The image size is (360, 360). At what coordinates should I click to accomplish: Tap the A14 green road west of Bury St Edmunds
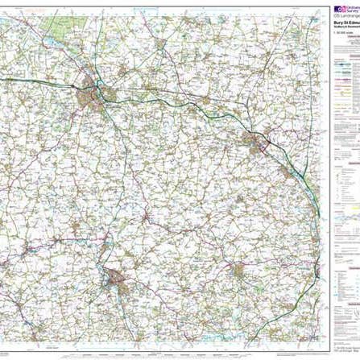point(40,80)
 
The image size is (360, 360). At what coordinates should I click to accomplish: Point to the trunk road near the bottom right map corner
point(302,322)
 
